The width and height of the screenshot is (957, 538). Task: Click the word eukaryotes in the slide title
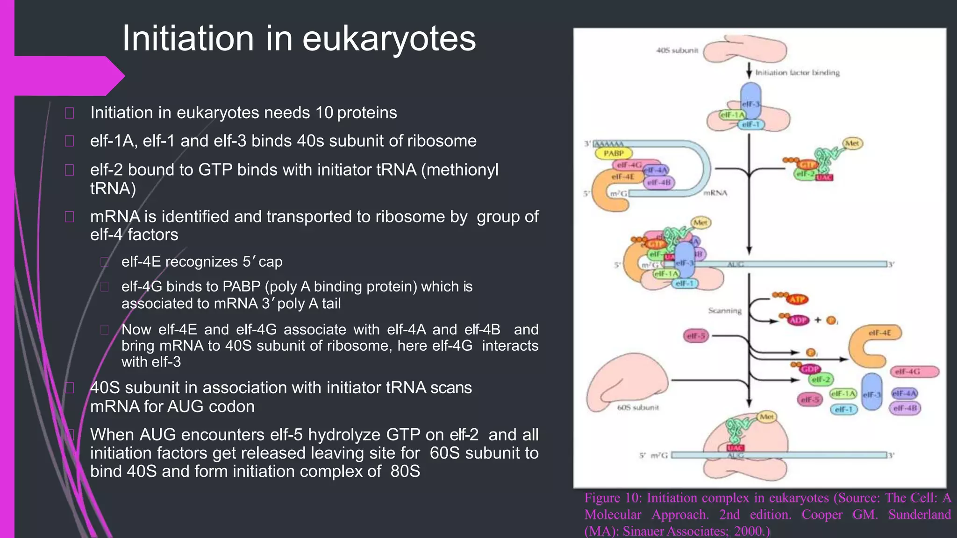[389, 38]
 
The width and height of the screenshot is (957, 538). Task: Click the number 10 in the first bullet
[324, 113]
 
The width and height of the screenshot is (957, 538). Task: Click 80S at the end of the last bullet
[405, 471]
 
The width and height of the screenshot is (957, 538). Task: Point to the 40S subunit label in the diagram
[677, 50]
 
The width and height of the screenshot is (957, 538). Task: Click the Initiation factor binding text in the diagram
[797, 73]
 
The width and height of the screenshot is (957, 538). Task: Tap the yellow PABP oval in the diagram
[614, 153]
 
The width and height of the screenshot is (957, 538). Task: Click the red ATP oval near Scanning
[797, 299]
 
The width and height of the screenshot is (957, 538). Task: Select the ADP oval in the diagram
[798, 320]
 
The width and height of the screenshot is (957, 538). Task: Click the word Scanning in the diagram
[724, 311]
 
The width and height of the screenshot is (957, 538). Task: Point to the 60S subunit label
[638, 408]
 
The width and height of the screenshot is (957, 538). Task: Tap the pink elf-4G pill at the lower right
[915, 372]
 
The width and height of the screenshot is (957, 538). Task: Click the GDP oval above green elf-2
[810, 369]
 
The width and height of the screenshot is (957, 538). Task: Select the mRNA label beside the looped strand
[715, 193]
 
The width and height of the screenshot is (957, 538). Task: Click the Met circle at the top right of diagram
[852, 143]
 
